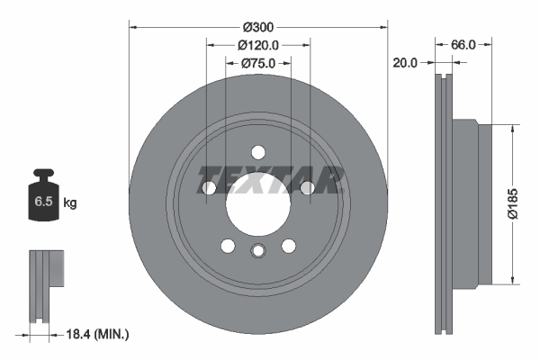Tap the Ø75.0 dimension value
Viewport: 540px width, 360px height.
(258, 63)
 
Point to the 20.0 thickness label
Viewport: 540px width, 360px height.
(405, 63)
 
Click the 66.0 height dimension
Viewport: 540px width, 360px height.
(463, 43)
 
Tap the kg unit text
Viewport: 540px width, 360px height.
(70, 203)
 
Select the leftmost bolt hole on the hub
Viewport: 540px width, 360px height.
(210, 187)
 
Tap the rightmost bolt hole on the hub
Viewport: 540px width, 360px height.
(307, 187)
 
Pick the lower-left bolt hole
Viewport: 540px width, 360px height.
(228, 246)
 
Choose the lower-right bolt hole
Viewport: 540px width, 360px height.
(288, 246)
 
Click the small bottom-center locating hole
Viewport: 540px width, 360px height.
(258, 252)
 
